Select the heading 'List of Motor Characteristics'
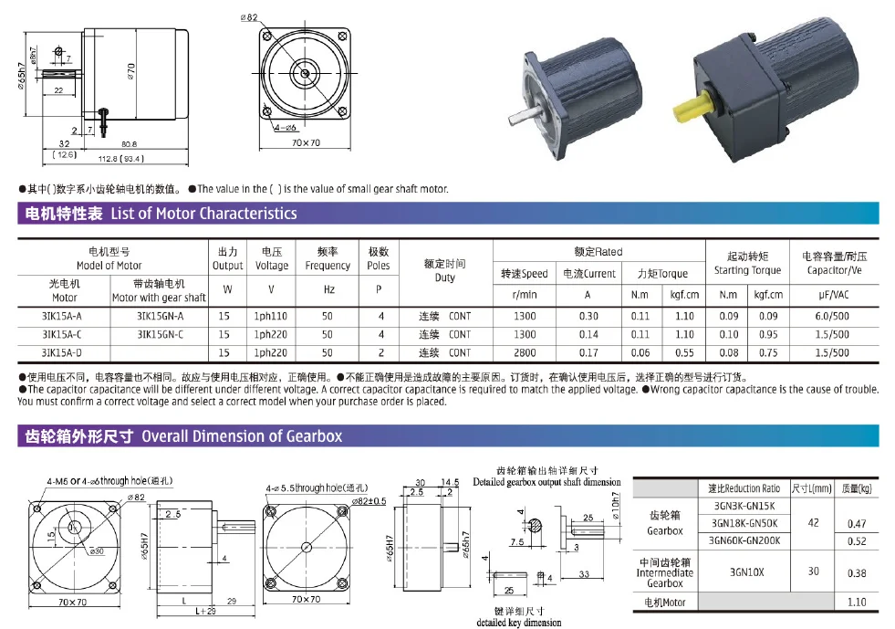tap(203, 214)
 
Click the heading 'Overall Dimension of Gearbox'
tap(242, 436)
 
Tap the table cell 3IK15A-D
tap(62, 352)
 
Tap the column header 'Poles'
tap(378, 258)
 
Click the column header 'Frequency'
tap(328, 258)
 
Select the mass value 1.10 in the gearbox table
tap(857, 603)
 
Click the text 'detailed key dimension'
tap(518, 623)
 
